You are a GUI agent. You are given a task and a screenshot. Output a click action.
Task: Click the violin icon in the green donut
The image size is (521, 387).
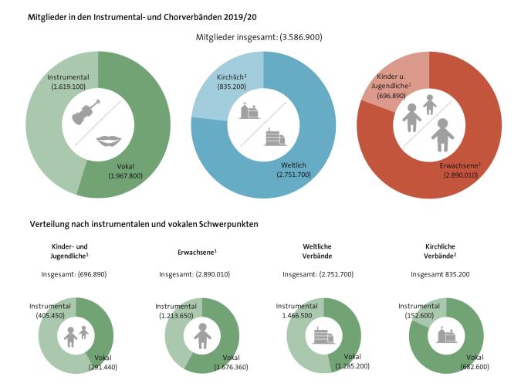click(x=86, y=112)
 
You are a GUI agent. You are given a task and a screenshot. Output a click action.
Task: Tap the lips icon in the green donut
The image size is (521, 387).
click(x=111, y=140)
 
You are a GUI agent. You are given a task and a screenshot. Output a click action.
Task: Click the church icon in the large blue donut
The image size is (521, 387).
click(x=249, y=111)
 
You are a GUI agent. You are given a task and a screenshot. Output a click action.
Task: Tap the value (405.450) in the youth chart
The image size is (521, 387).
click(x=50, y=316)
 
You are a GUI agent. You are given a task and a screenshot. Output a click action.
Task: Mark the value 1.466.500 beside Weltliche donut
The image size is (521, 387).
click(x=296, y=316)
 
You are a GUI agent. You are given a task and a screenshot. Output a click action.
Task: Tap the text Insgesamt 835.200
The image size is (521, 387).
click(x=441, y=274)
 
